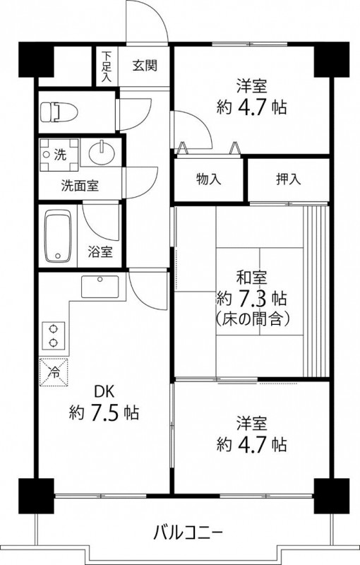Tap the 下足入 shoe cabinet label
click(x=107, y=66)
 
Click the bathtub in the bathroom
click(x=59, y=237)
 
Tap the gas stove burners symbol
click(x=53, y=335)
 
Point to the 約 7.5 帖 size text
click(x=103, y=412)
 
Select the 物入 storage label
click(x=208, y=179)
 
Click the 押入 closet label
click(x=288, y=179)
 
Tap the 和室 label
click(x=251, y=276)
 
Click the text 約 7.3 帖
click(x=251, y=297)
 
